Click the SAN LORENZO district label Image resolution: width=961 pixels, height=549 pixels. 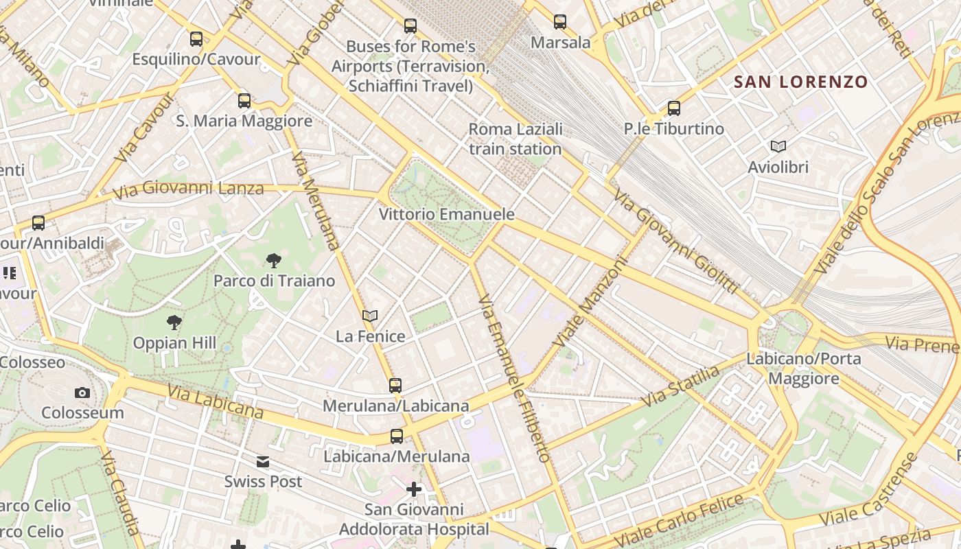(x=801, y=82)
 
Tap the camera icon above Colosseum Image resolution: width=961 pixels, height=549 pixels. (x=82, y=393)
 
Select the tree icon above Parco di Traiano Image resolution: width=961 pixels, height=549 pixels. (x=273, y=261)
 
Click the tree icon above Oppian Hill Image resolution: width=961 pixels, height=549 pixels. (x=174, y=323)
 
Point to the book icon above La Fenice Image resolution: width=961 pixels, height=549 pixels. (x=370, y=316)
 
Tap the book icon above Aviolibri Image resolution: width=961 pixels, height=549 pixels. (x=778, y=146)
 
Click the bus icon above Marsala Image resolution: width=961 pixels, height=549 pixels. (x=560, y=22)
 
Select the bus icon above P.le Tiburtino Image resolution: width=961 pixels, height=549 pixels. (x=674, y=108)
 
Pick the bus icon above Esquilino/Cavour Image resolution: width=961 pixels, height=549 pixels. (x=196, y=39)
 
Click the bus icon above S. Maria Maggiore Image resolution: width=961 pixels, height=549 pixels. (x=244, y=101)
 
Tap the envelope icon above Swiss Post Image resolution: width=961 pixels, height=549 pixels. (x=263, y=461)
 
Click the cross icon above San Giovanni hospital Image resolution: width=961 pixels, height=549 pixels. (x=414, y=489)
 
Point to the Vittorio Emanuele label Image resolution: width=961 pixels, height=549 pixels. (x=447, y=214)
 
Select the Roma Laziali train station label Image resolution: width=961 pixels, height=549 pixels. (x=516, y=139)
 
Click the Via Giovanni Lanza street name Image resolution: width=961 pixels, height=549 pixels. (x=188, y=189)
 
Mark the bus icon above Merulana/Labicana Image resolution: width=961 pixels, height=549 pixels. (x=395, y=385)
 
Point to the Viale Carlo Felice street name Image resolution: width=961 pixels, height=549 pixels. (x=680, y=518)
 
